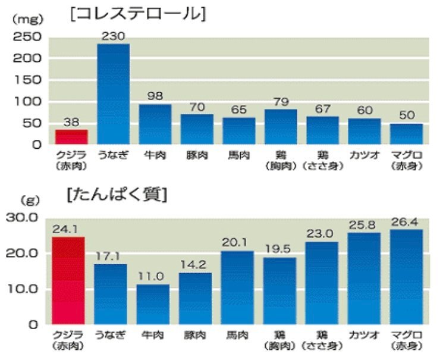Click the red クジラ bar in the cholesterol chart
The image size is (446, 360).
pyautogui.click(x=71, y=136)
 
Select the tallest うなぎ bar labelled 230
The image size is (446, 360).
pyautogui.click(x=113, y=93)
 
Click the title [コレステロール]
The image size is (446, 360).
pyautogui.click(x=137, y=15)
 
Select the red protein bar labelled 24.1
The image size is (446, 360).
pyautogui.click(x=68, y=280)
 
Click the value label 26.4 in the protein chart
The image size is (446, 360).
pyautogui.click(x=406, y=222)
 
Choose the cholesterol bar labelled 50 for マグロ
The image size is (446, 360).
pyautogui.click(x=406, y=133)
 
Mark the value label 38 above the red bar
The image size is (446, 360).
pyautogui.click(x=71, y=121)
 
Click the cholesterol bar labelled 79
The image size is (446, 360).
pyautogui.click(x=281, y=126)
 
